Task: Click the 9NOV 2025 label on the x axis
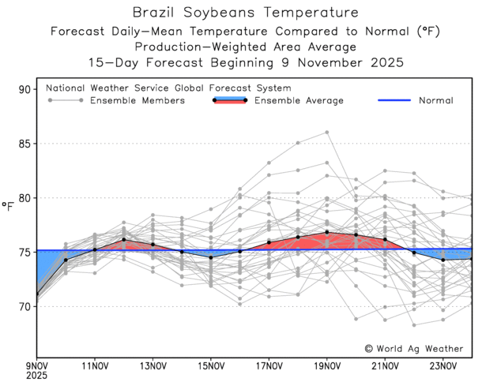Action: tap(36, 371)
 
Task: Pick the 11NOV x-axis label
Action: tap(95, 366)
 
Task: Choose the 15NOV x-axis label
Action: tap(211, 366)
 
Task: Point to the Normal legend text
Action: tap(436, 101)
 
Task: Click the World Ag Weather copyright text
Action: tap(416, 347)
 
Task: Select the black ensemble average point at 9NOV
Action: tap(37, 295)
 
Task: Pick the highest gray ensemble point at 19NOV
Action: tap(327, 133)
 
